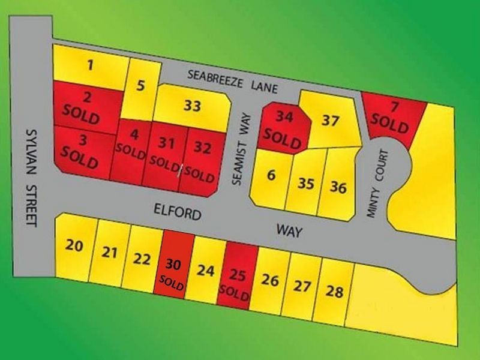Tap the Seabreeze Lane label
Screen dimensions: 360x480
[x=232, y=82]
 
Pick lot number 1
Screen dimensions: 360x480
[x=90, y=65]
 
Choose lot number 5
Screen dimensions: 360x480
[x=140, y=86]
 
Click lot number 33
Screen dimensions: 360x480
[x=192, y=106]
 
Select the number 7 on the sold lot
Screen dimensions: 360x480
[x=394, y=108]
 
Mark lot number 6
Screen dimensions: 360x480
[x=271, y=176]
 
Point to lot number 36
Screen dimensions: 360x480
[x=338, y=187]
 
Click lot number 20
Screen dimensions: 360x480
[x=74, y=245]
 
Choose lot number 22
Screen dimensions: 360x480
[x=142, y=259]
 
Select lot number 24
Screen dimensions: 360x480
[x=206, y=271]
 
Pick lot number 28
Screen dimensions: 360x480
[x=334, y=292]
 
